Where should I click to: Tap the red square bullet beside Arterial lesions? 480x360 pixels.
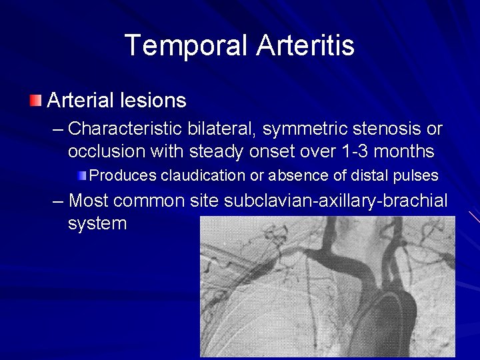tap(35, 101)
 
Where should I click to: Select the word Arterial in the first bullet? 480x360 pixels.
tap(79, 101)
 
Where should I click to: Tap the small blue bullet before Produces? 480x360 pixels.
tap(81, 176)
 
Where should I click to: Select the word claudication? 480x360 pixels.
tap(203, 176)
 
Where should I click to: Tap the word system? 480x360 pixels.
tap(97, 223)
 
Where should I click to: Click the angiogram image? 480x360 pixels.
tap(327, 287)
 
